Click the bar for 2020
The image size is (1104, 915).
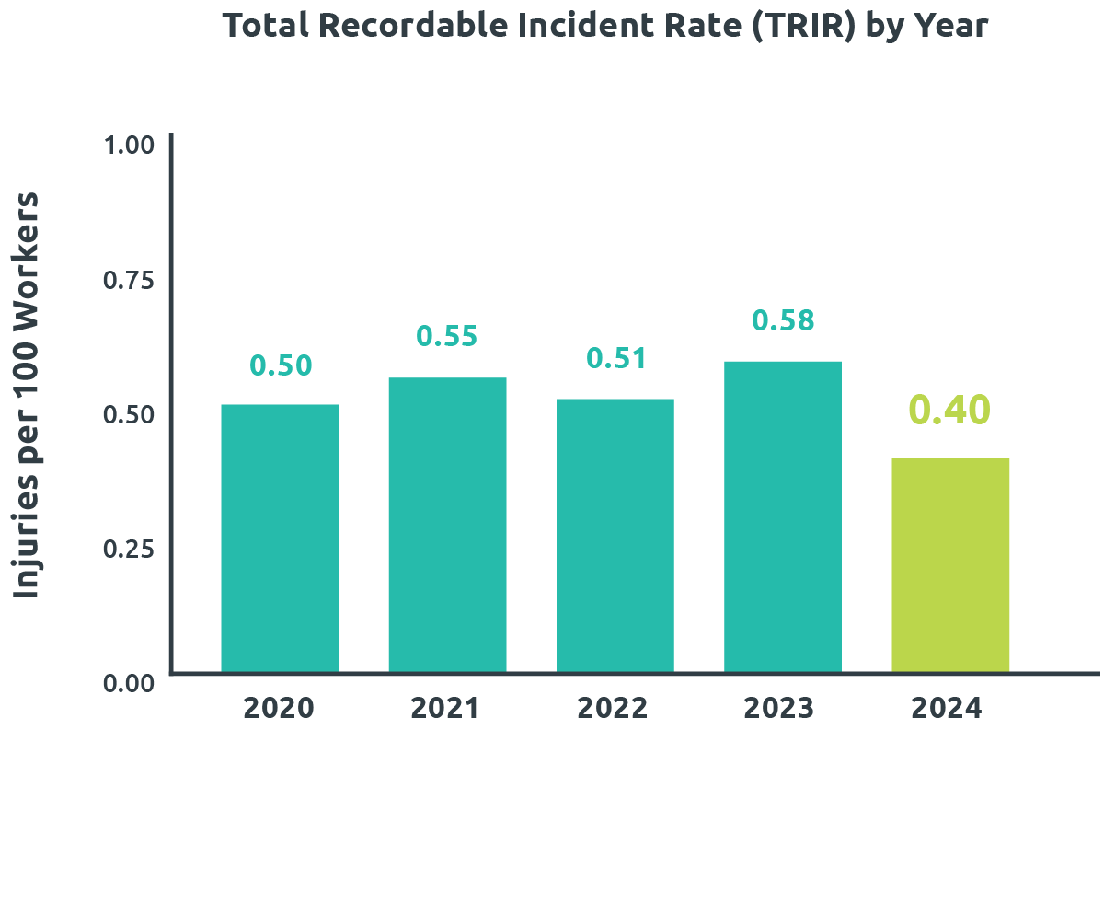(280, 538)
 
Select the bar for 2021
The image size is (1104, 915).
(447, 525)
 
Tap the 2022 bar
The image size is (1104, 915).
(615, 535)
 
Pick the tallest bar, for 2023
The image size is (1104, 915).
(783, 516)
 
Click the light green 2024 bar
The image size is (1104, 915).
(950, 565)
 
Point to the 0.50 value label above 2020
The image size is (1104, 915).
(282, 365)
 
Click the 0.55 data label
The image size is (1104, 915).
(447, 336)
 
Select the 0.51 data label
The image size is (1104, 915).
(617, 358)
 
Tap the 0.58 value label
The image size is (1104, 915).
(784, 320)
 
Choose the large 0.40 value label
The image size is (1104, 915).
(949, 411)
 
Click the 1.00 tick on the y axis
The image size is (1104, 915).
(128, 146)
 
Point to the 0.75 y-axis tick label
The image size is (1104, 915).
(128, 281)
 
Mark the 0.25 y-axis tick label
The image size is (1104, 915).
(128, 549)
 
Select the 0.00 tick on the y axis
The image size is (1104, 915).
(128, 683)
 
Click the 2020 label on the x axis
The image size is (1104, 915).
(279, 709)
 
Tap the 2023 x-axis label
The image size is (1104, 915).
(779, 709)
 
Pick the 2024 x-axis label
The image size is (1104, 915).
(947, 709)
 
